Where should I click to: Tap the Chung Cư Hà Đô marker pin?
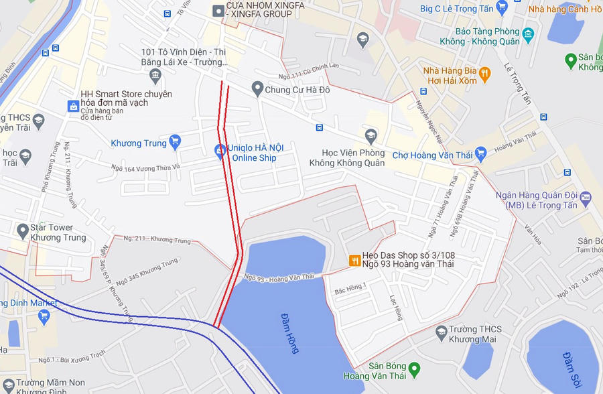257,88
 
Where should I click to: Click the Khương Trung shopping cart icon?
175,142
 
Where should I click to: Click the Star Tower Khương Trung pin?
23,231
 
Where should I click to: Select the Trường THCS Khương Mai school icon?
441,332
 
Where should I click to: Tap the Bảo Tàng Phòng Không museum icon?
527,34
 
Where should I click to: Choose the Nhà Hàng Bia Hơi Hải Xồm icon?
484,73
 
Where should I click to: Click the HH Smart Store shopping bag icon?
73,106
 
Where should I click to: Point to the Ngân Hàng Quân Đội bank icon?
586,196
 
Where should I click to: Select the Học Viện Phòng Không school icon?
371,137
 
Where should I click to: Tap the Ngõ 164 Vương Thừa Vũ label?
147,168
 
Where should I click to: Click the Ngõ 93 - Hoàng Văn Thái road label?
279,277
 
